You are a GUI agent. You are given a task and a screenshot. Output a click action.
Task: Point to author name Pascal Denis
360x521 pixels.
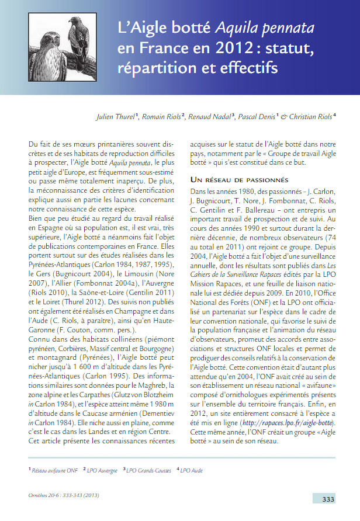(259, 117)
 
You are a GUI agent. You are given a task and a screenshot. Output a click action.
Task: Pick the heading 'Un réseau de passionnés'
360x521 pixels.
(238, 180)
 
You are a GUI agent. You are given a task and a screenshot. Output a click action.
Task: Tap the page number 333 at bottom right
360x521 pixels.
(328, 499)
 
